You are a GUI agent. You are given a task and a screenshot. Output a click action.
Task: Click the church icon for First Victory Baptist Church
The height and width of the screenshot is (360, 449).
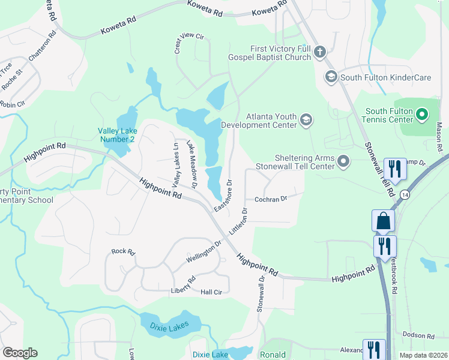click(319, 53)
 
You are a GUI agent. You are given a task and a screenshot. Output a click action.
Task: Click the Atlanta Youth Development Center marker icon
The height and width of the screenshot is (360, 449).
click(306, 120)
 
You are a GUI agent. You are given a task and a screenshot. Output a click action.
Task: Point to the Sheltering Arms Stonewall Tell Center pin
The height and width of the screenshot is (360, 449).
click(343, 161)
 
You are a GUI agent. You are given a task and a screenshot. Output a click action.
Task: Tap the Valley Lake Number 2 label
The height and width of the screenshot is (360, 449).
click(118, 135)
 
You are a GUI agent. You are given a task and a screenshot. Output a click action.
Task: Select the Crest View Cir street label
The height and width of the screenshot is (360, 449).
click(189, 43)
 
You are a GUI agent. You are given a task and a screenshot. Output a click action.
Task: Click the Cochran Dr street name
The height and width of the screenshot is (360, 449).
click(271, 199)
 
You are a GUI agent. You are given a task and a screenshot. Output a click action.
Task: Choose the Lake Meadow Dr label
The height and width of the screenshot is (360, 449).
click(192, 164)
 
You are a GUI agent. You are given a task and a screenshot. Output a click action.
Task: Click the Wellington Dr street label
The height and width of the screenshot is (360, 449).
click(203, 250)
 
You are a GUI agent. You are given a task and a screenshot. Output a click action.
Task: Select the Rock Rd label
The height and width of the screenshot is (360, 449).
click(123, 251)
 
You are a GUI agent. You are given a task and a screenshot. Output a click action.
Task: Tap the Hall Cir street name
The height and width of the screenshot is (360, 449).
click(211, 292)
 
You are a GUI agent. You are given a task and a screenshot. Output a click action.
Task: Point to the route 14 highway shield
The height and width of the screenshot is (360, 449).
click(405, 195)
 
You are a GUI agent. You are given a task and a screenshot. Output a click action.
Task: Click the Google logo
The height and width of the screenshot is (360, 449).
click(20, 353)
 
